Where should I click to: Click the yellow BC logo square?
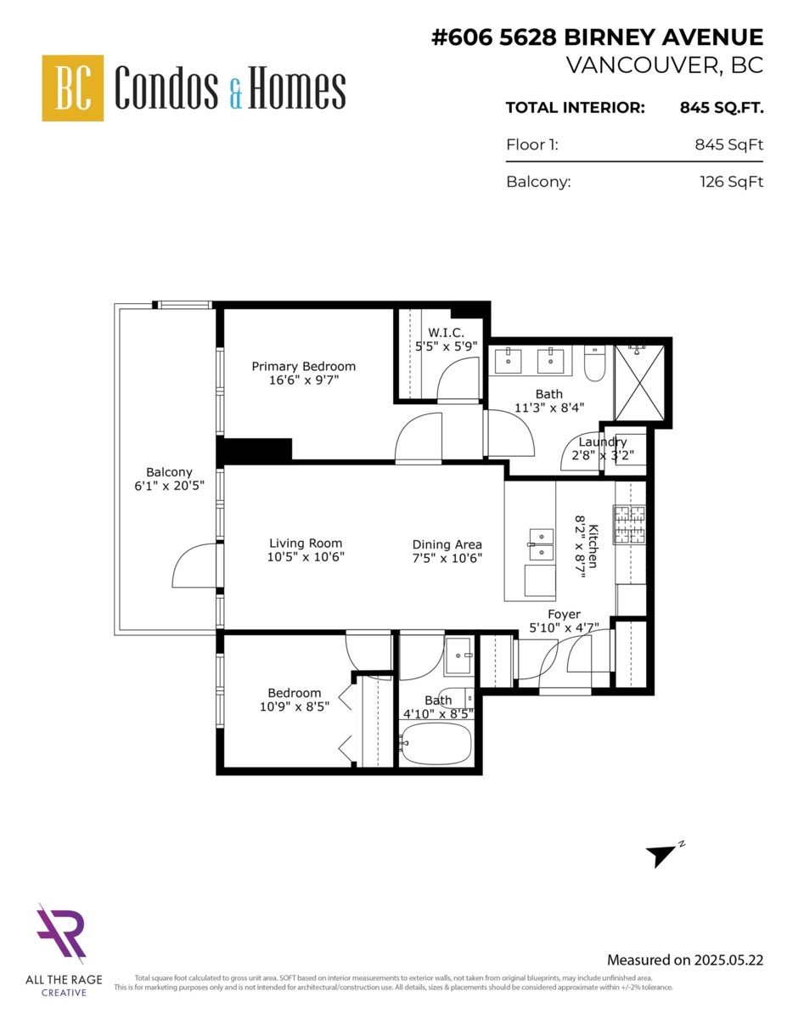73,87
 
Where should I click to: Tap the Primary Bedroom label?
303,366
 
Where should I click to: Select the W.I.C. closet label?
446,332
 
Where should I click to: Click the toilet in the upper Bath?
594,363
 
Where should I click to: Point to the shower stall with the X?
639,381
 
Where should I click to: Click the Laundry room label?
602,442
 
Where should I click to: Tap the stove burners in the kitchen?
629,525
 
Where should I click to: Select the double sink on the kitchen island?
540,544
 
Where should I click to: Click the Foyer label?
564,614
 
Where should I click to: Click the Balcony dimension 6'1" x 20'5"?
169,486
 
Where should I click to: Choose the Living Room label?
306,543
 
